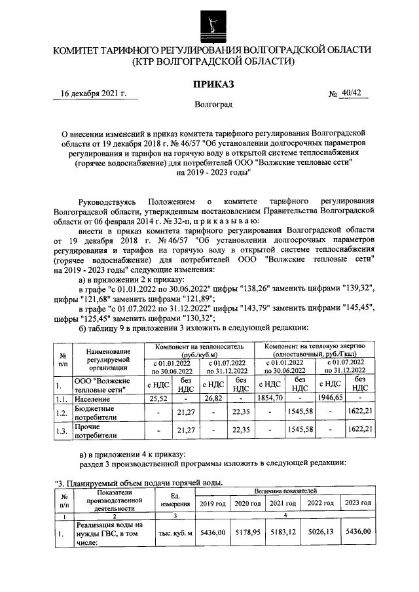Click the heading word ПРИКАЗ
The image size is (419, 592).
click(x=212, y=84)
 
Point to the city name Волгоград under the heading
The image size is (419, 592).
click(x=212, y=104)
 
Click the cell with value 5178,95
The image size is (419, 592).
click(x=249, y=533)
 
